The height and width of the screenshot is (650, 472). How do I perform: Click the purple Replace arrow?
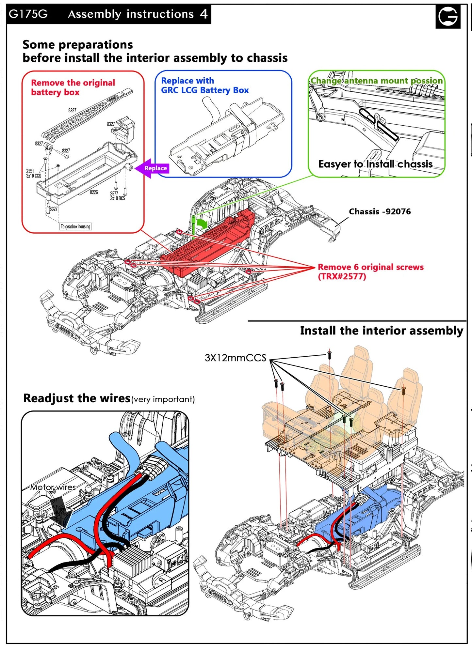point(152,168)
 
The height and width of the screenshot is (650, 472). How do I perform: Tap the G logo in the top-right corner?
point(448,17)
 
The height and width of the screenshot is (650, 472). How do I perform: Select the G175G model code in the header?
point(28,14)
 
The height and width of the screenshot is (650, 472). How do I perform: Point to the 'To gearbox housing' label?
point(75,226)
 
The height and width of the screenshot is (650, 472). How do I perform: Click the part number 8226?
point(94,193)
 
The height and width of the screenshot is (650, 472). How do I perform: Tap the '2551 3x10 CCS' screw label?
point(34,174)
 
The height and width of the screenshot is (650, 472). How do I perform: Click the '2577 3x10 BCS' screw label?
point(117,196)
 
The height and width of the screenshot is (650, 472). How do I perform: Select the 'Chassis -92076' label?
point(380,212)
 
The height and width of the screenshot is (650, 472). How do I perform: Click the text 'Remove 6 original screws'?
point(370,267)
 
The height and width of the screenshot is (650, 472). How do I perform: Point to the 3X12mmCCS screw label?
point(235,358)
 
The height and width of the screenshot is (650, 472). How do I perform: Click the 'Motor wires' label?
point(53,487)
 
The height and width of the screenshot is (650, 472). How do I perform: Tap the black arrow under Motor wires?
point(58,509)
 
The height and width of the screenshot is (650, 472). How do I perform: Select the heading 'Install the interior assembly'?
point(381,331)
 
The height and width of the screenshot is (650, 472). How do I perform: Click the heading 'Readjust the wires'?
point(77,398)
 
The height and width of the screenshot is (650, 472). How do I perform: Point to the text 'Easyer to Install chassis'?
point(375,164)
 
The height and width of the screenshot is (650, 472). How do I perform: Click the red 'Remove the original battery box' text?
point(73,87)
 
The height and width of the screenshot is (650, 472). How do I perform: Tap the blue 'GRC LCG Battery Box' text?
point(205,90)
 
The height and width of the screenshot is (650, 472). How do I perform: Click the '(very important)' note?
point(163,399)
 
